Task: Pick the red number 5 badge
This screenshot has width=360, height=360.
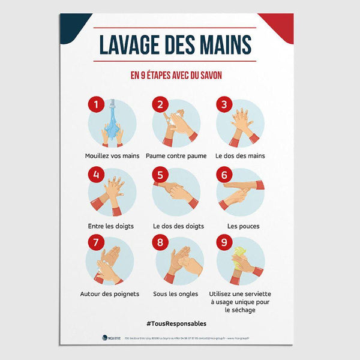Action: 160,175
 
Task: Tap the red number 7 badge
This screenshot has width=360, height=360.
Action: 95,244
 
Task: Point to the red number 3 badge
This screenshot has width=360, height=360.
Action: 224,104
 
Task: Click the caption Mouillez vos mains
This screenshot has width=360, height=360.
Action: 112,156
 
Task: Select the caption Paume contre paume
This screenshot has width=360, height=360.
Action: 176,156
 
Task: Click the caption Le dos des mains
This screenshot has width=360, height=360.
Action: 240,156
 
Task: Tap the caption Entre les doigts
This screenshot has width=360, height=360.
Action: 110,226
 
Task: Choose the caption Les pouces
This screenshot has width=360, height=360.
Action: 239,226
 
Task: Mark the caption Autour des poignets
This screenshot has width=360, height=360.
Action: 110,294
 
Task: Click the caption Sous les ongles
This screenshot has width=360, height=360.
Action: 176,294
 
